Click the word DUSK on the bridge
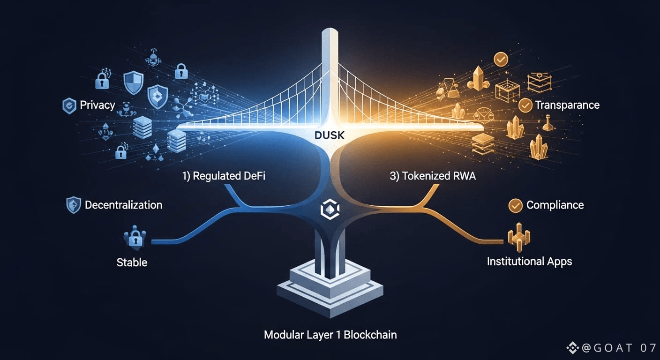tap(330, 136)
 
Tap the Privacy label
tap(97, 105)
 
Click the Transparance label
tap(567, 105)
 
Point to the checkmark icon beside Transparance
tap(525, 105)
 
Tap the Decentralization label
tap(123, 205)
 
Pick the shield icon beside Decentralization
tap(74, 205)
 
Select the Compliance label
tap(555, 205)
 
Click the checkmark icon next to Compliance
tap(516, 205)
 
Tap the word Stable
tap(132, 262)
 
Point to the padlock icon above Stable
tap(135, 239)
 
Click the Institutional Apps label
tap(529, 261)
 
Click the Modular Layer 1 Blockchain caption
tap(330, 335)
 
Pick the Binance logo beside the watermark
tap(573, 348)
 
